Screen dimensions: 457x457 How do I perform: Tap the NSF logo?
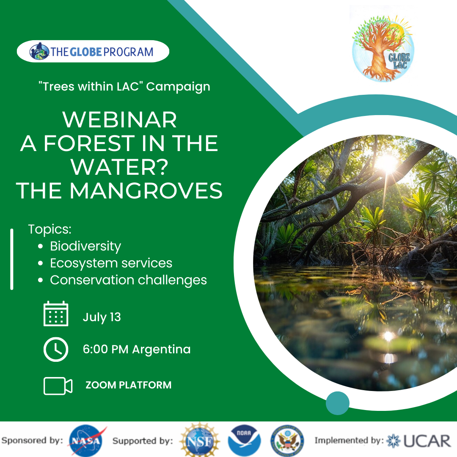click(x=199, y=440)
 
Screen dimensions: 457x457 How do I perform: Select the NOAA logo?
click(x=244, y=440)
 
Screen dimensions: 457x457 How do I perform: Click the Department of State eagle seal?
click(x=287, y=440)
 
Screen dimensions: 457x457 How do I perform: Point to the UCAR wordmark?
click(x=427, y=440)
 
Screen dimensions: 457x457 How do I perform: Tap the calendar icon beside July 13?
click(x=56, y=314)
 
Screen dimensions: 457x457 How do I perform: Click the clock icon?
click(x=56, y=350)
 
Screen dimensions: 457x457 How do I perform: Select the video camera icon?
click(x=58, y=386)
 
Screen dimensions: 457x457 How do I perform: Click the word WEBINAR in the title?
click(x=119, y=119)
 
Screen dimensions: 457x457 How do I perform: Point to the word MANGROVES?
click(x=146, y=191)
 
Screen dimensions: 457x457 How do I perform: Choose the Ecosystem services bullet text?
click(x=111, y=263)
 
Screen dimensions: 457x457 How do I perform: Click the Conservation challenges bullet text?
click(x=128, y=280)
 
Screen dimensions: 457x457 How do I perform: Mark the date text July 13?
click(x=102, y=317)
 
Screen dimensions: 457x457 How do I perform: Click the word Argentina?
click(x=161, y=349)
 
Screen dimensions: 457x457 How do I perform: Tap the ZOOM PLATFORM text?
click(x=129, y=385)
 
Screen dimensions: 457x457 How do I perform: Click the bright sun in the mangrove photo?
click(x=386, y=163)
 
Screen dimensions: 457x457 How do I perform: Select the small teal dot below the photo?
click(x=338, y=403)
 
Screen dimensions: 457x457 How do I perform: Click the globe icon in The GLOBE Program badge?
click(x=39, y=51)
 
